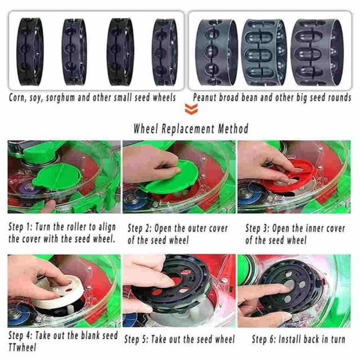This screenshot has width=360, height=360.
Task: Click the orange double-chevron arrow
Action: [x=191, y=109]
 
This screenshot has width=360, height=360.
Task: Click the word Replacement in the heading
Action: [x=188, y=129]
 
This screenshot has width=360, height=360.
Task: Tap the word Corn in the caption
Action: [x=16, y=97]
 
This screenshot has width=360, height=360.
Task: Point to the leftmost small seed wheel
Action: [x=30, y=52]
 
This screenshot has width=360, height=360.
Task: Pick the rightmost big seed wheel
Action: [x=317, y=52]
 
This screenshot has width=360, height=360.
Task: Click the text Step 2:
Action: [x=139, y=228]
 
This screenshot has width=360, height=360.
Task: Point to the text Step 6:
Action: [x=264, y=339]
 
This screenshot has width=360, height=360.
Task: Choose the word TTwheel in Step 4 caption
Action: [x=22, y=348]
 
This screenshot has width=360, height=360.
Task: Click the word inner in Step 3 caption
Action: [x=307, y=229]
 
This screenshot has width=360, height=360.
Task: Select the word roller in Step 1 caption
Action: [x=76, y=227]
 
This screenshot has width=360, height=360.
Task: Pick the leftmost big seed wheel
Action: [x=217, y=52]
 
